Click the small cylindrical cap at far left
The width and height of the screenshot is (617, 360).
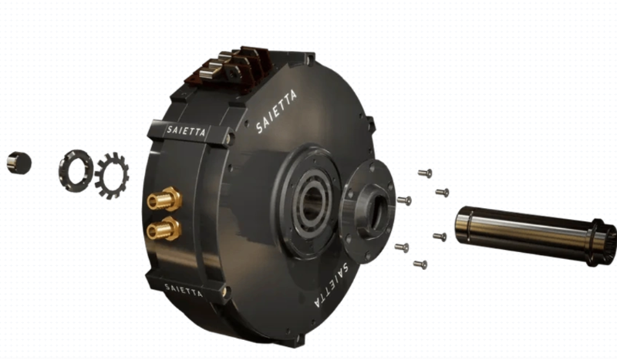(19, 163)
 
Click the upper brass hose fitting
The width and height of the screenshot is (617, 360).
(164, 199)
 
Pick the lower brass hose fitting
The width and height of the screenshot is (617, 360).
(164, 229)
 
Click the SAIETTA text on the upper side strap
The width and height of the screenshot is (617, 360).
(186, 130)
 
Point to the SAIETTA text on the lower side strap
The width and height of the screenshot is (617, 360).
(184, 291)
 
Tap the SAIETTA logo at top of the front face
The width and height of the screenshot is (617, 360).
(276, 111)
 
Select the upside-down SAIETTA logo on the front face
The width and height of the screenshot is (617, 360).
(332, 284)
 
